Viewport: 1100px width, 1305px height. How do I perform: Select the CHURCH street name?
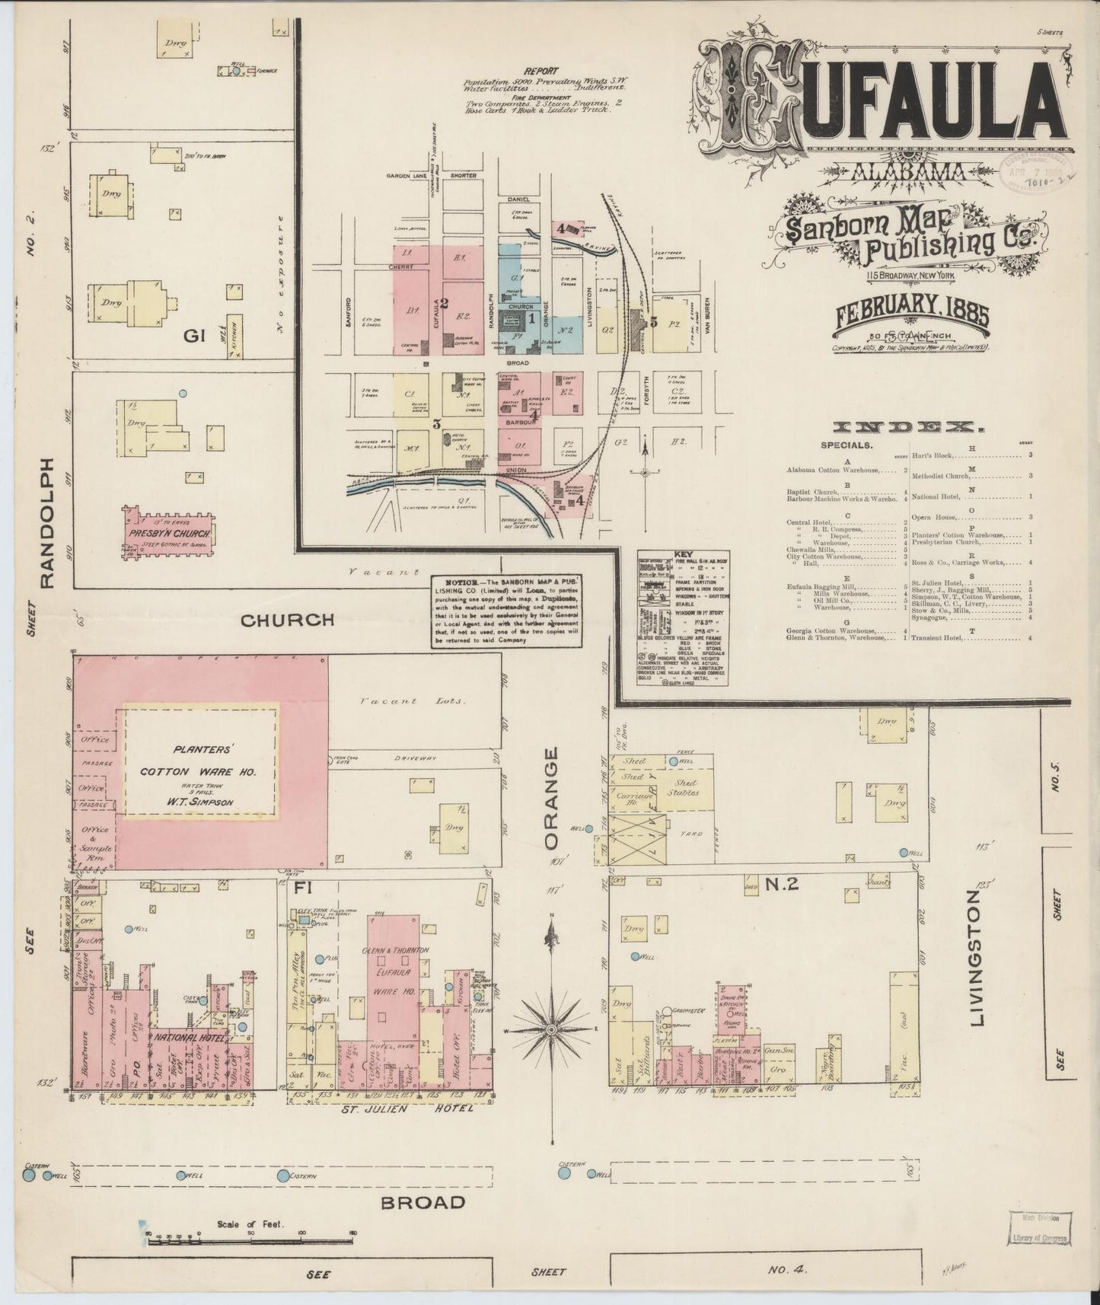tap(287, 620)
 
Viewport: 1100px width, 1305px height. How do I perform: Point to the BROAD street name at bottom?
tap(422, 1202)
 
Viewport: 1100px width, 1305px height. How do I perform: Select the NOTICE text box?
tap(508, 611)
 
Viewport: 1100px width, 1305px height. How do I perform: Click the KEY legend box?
tap(682, 615)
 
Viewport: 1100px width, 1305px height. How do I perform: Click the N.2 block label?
tap(781, 884)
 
